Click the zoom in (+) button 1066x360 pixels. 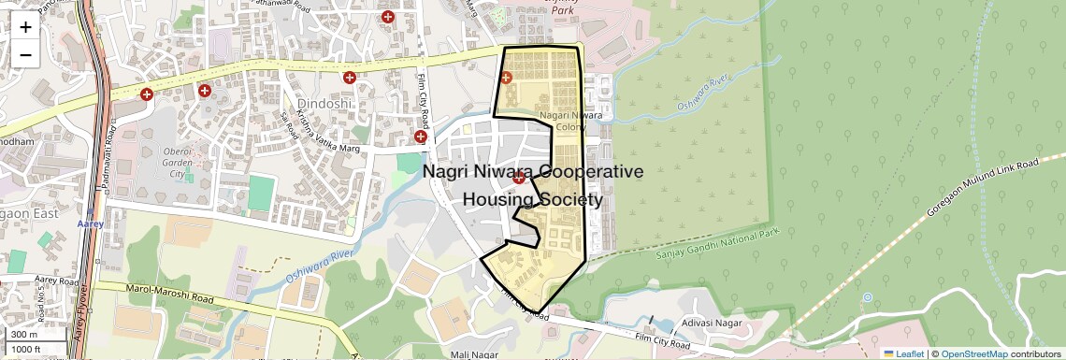[25, 26]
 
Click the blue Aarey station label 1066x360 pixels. [90, 224]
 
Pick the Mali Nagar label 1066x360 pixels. [471, 354]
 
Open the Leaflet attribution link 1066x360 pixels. [905, 353]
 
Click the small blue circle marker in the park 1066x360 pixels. [867, 297]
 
